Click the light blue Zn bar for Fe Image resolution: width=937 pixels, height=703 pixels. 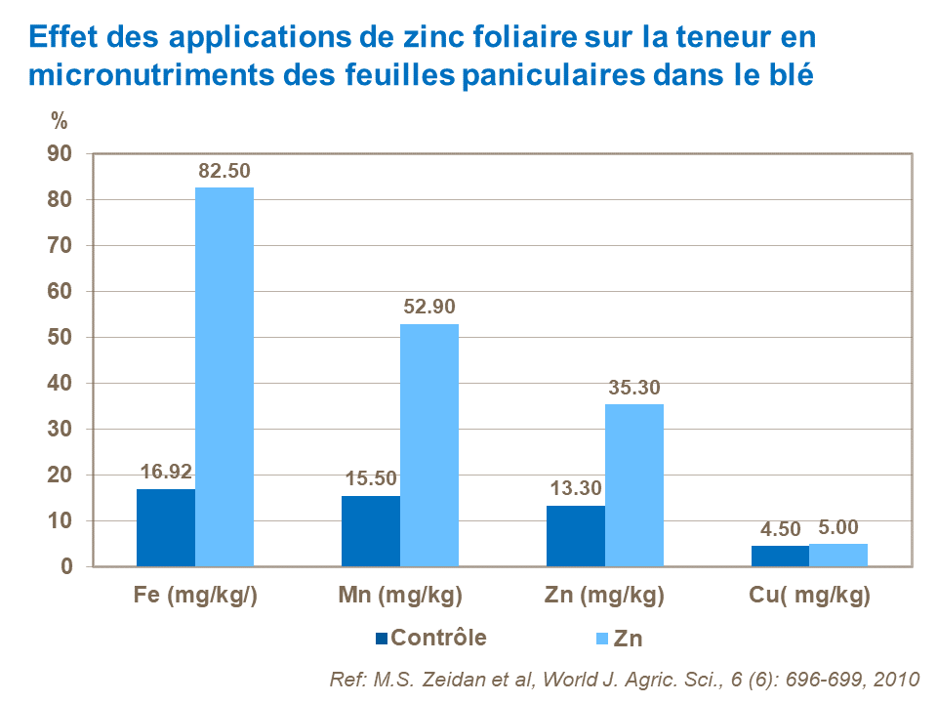[224, 377]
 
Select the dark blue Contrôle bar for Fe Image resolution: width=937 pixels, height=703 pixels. [166, 527]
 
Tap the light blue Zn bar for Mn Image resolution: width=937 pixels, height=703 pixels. [429, 445]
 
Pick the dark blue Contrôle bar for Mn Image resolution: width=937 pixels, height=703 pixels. [371, 531]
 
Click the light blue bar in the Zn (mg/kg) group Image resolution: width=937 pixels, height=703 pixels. [634, 485]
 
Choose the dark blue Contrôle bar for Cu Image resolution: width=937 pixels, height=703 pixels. [780, 556]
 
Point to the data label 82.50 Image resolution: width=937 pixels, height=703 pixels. [224, 171]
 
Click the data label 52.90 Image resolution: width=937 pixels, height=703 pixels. [429, 308]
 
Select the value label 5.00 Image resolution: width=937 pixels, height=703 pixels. [838, 528]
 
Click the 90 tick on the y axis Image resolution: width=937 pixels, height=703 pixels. [61, 153]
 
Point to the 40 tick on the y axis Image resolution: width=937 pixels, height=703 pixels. [61, 384]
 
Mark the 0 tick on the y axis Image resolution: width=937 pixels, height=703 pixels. [66, 567]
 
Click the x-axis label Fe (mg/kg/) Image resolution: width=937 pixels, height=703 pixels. [195, 596]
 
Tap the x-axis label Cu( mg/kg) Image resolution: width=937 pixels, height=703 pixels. [809, 596]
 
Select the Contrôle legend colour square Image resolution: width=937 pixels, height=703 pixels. [382, 639]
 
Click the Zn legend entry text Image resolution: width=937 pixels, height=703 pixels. [630, 640]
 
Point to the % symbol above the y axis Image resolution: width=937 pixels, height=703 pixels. [60, 121]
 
